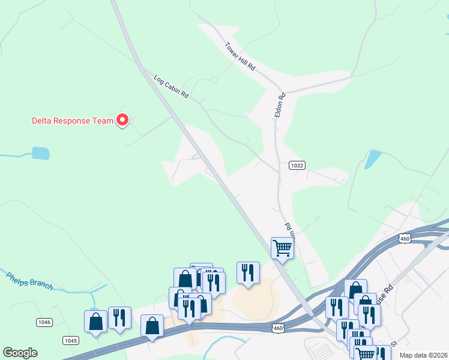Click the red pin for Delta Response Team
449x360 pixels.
(122, 120)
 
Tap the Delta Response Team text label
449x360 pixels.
(72, 121)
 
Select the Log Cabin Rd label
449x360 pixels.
(171, 87)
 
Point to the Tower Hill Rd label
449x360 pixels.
(240, 56)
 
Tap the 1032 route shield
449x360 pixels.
(295, 166)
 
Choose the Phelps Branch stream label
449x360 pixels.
(30, 281)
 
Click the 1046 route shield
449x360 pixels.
(44, 322)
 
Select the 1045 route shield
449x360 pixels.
(71, 340)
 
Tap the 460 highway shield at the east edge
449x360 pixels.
(405, 238)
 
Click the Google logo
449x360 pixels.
(20, 353)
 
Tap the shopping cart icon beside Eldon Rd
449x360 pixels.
(282, 247)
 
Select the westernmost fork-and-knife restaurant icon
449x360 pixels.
(119, 317)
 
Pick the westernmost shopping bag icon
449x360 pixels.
(95, 321)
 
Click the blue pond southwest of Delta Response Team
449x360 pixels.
(41, 153)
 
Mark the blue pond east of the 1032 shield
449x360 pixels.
(372, 159)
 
